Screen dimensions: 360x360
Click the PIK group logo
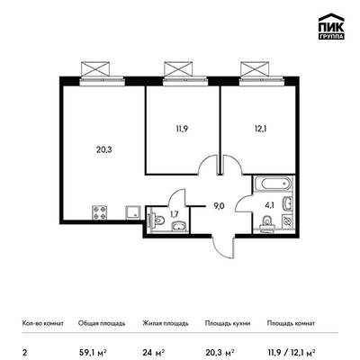331,26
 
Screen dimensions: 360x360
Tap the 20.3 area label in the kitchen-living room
104,149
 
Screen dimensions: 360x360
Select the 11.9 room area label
182,129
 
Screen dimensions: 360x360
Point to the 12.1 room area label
260,129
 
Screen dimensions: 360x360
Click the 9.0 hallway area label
219,206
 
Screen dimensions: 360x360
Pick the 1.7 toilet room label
175,214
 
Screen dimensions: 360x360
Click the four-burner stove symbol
99,212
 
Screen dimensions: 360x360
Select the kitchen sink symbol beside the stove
133,212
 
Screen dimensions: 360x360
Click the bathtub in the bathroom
273,184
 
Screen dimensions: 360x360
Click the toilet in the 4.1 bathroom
266,224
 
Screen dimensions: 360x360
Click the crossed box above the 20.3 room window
95,69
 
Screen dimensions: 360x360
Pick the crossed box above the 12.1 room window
255,69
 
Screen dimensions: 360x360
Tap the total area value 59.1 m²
93,352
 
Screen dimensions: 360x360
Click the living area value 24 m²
153,352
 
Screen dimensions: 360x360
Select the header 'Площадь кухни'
228,323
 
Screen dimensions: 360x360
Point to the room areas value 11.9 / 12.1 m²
291,352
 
